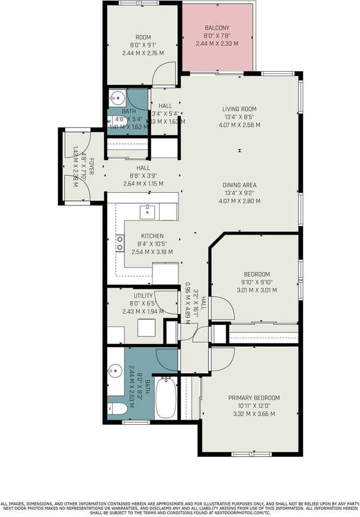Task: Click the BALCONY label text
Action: pos(217,28)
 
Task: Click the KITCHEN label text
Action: pos(152,236)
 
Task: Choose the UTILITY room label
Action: pos(143,296)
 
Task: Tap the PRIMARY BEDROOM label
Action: pos(251,398)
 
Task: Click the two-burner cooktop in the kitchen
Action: pos(120,244)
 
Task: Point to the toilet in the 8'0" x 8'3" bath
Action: pos(117,410)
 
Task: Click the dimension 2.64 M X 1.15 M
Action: pos(143,184)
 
